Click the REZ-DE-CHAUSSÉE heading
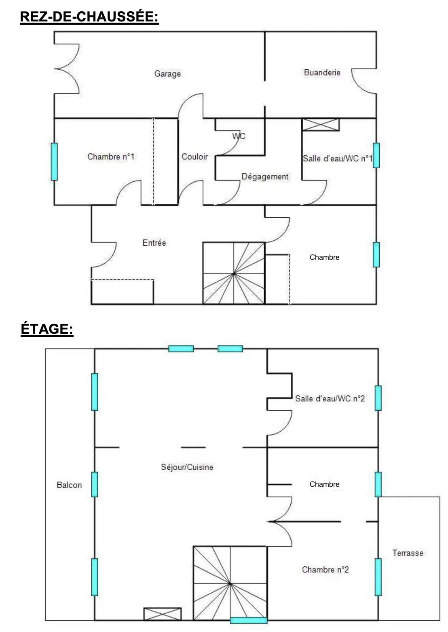click(x=89, y=17)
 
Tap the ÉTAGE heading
click(x=47, y=329)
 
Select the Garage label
click(x=167, y=74)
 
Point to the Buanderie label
click(x=322, y=72)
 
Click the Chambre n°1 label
click(x=111, y=157)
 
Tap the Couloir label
click(x=194, y=157)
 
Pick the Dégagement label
click(x=265, y=177)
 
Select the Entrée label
click(x=154, y=243)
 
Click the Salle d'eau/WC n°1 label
click(x=338, y=158)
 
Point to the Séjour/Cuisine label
click(x=187, y=467)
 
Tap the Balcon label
click(x=69, y=485)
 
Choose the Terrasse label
click(x=408, y=553)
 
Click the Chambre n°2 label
click(x=325, y=570)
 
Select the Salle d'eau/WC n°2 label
click(x=330, y=399)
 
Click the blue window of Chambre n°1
click(x=54, y=162)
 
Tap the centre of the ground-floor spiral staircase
click(x=234, y=274)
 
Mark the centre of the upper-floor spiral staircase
click(x=230, y=583)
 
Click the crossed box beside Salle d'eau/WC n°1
click(x=321, y=125)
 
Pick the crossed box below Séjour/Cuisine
click(x=163, y=614)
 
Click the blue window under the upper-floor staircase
click(x=248, y=620)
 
